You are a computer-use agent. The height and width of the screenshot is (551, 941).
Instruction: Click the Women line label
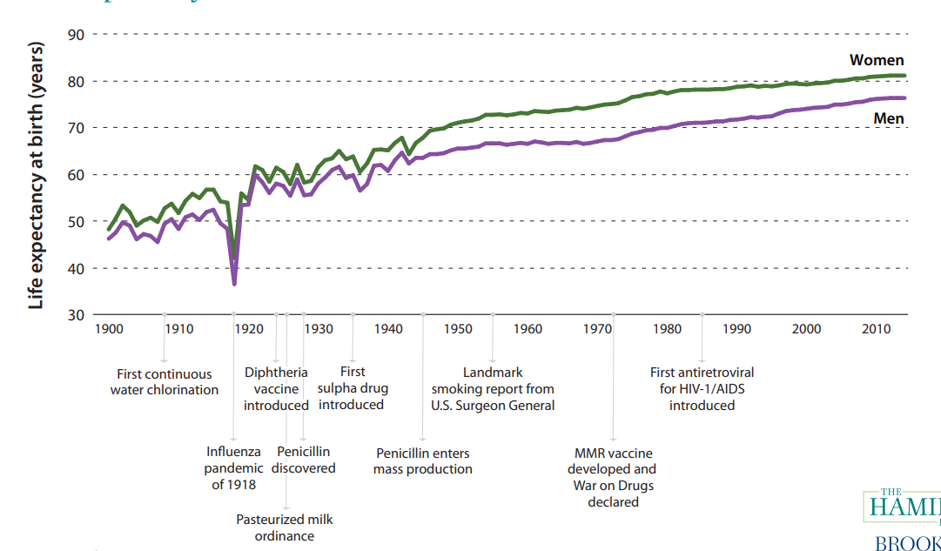(877, 61)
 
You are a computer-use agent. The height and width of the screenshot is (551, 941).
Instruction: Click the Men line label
(889, 118)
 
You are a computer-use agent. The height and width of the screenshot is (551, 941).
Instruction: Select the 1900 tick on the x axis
(109, 329)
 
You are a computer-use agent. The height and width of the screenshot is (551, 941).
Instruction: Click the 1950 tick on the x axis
(458, 329)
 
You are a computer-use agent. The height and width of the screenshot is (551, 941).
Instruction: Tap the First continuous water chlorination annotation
(164, 382)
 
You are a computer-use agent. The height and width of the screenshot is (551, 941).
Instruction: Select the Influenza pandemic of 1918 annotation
(233, 468)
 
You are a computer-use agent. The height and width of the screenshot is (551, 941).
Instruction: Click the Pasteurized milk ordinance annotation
(285, 527)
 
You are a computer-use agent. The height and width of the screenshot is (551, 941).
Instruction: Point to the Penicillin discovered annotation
(304, 460)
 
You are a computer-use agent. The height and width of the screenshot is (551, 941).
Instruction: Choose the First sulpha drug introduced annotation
(352, 388)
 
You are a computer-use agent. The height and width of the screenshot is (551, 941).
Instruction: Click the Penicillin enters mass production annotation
(423, 461)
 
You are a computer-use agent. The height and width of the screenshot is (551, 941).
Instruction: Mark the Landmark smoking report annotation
(493, 389)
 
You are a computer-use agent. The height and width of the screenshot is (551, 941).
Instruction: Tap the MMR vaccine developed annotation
(614, 477)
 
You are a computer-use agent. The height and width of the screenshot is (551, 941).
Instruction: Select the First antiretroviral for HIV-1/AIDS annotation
(702, 389)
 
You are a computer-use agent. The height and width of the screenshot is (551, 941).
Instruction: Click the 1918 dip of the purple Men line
(234, 283)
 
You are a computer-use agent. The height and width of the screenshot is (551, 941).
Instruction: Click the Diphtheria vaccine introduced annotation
(276, 389)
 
